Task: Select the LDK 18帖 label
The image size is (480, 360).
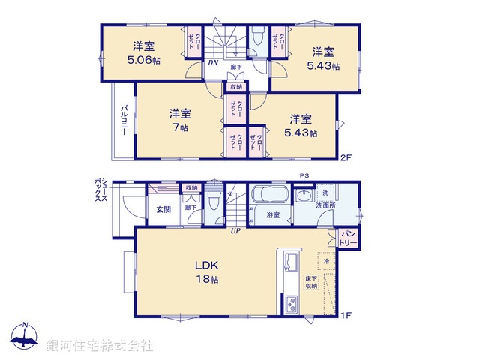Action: (207, 271)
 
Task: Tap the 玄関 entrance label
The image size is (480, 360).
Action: (163, 209)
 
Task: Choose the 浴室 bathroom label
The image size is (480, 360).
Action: (273, 215)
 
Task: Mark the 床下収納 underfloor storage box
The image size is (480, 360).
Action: (311, 283)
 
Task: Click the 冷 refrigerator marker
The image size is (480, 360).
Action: (327, 261)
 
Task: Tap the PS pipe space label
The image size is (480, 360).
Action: (304, 176)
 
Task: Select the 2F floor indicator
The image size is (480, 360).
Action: (346, 157)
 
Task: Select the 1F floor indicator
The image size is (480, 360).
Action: (346, 313)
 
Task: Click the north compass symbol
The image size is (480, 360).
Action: (24, 337)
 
